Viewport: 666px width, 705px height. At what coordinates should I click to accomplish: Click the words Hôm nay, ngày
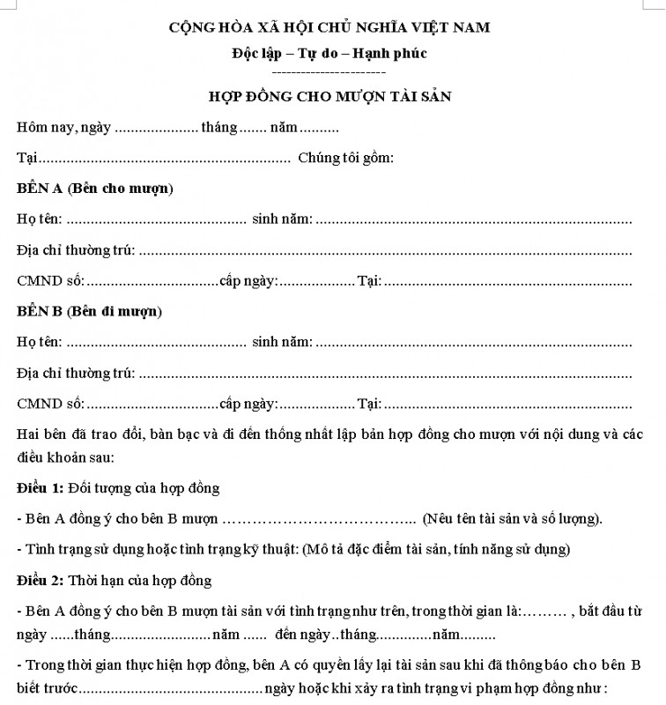tap(63, 128)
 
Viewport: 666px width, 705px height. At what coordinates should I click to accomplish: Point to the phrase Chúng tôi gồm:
tap(345, 159)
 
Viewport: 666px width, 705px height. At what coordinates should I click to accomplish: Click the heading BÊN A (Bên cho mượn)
tap(94, 189)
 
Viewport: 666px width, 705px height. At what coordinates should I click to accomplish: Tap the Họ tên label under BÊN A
tap(40, 219)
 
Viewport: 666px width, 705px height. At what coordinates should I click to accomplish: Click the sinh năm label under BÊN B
tap(282, 342)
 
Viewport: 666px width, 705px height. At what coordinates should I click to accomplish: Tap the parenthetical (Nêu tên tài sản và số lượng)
tap(513, 518)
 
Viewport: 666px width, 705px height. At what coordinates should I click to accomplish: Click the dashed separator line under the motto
tap(329, 70)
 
